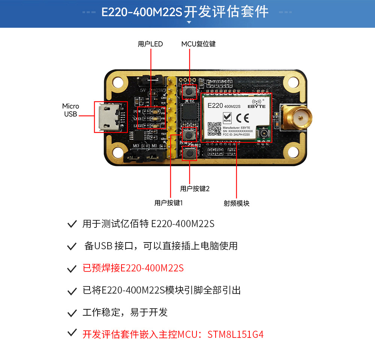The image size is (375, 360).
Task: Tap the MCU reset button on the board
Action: pyautogui.click(x=190, y=92)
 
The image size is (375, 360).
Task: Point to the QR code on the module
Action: pyautogui.click(x=214, y=128)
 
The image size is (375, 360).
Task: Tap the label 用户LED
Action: pyautogui.click(x=150, y=44)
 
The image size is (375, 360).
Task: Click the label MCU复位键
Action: pyautogui.click(x=198, y=44)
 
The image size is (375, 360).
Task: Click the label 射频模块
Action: pyautogui.click(x=237, y=203)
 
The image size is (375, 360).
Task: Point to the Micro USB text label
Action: pyautogui.click(x=70, y=110)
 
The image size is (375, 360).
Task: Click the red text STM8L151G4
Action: pyautogui.click(x=235, y=334)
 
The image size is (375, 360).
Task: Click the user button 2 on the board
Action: pyautogui.click(x=189, y=153)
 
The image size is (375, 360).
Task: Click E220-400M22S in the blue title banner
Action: pyautogui.click(x=142, y=12)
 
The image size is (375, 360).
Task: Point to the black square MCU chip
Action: pyautogui.click(x=190, y=111)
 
